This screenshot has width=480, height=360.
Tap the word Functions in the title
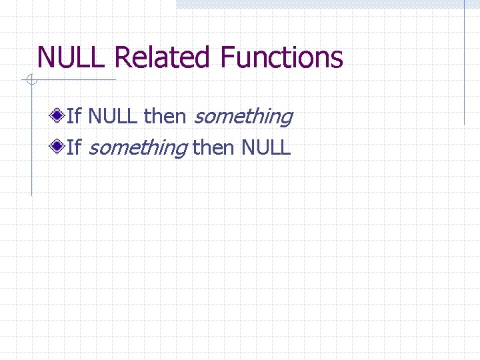click(x=281, y=58)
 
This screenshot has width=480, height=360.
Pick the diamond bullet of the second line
click(x=60, y=146)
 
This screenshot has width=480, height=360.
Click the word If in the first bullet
click(x=73, y=117)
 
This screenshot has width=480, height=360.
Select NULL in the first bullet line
click(x=113, y=117)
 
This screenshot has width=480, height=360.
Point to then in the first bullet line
click(x=165, y=117)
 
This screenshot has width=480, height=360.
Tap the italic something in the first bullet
click(x=243, y=117)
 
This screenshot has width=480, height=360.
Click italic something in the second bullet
click(x=137, y=147)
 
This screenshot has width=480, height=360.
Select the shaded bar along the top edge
click(x=327, y=4)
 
